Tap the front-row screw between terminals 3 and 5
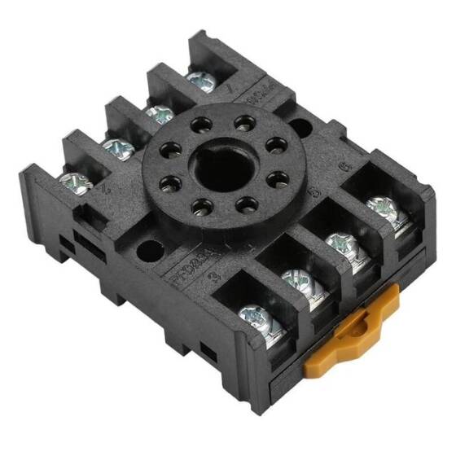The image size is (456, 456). tap(298, 281)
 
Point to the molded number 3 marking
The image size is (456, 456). tap(213, 277)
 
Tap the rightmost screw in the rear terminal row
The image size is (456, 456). tap(198, 79)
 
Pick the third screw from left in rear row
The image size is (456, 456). tap(156, 112)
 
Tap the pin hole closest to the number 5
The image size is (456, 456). tap(276, 178)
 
